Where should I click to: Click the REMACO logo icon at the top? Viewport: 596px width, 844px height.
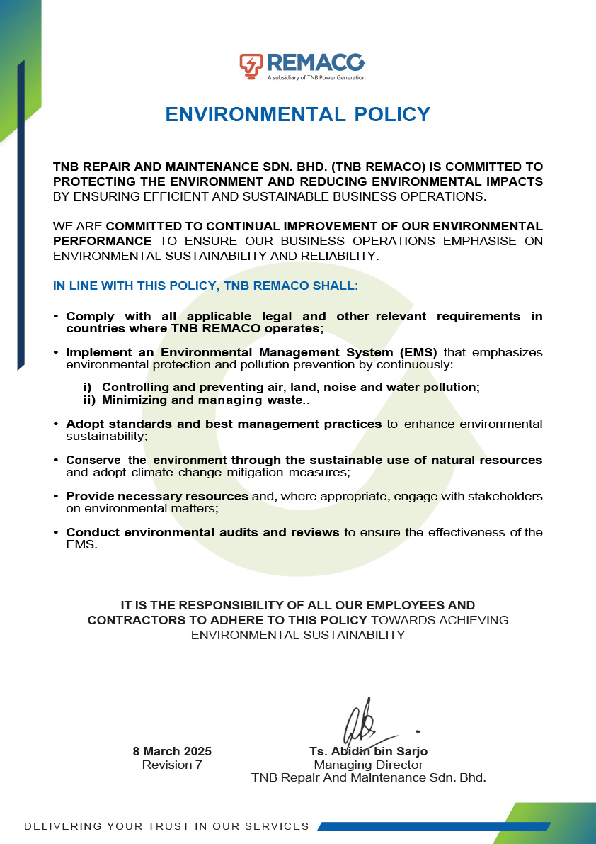click(251, 64)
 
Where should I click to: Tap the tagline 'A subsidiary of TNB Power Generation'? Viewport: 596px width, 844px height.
click(316, 77)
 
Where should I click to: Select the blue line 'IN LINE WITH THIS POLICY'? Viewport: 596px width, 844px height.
click(206, 286)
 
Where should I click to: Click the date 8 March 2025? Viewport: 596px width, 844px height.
click(172, 751)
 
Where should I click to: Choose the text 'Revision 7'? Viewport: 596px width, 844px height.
click(172, 765)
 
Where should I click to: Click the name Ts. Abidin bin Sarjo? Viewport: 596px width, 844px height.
click(368, 751)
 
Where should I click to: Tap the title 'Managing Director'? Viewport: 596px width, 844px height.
click(368, 765)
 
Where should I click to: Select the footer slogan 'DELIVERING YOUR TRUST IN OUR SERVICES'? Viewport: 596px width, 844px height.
click(167, 826)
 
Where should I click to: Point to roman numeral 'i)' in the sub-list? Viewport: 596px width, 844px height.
click(88, 387)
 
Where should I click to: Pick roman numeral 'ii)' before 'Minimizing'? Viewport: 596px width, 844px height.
click(89, 400)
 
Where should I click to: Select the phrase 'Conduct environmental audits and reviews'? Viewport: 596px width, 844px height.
click(202, 532)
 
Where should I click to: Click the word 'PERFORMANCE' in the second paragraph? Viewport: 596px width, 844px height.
click(102, 241)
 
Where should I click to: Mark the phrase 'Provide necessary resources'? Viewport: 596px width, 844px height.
click(157, 496)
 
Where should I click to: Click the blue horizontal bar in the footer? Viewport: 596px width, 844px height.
click(433, 826)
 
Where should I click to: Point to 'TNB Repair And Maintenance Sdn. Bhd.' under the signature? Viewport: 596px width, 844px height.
click(368, 777)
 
